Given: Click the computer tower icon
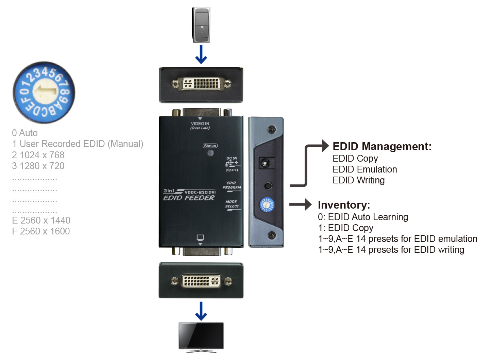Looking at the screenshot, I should [201, 25].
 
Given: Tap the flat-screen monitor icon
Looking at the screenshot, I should [201, 337].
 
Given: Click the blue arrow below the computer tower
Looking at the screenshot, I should [201, 54].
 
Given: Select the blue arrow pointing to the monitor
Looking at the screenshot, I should [201, 311].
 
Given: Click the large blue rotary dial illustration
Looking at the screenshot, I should [44, 92].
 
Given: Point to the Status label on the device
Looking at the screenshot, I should [210, 146].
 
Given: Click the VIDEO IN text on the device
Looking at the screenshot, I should [200, 124].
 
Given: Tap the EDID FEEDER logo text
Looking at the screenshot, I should [189, 198].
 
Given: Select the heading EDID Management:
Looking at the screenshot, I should [382, 146].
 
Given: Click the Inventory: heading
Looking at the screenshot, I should [344, 205].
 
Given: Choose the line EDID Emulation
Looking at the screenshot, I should [364, 169].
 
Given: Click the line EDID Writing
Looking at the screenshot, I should [358, 180].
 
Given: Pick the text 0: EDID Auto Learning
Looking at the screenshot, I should [363, 217].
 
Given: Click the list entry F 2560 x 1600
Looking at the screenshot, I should [41, 231].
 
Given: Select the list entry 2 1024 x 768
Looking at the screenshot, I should [38, 155].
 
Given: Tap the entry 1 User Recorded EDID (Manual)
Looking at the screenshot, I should [78, 144].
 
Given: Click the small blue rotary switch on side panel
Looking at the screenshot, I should [267, 205].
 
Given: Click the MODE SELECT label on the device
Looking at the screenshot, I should [232, 204].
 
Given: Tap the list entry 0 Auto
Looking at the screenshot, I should [25, 133].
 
